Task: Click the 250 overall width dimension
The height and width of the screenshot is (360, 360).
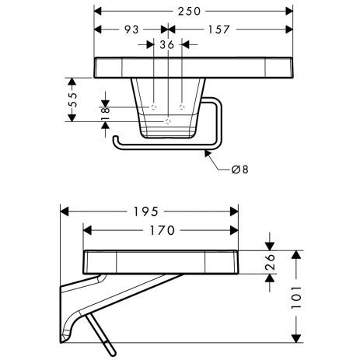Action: click(x=194, y=11)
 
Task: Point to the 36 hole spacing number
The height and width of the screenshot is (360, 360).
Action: click(x=167, y=45)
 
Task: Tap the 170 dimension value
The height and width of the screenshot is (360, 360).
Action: click(x=159, y=230)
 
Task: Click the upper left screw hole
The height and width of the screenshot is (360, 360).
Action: click(x=155, y=105)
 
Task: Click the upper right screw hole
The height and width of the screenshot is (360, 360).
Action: click(x=182, y=105)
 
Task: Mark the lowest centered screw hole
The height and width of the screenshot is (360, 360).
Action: click(x=168, y=121)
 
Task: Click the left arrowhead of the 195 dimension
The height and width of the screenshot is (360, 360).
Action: click(x=65, y=211)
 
